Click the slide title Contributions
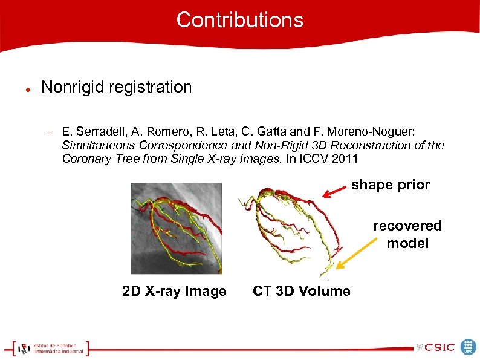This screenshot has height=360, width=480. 239,20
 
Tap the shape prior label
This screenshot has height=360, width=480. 391,185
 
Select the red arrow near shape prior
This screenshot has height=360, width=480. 334,191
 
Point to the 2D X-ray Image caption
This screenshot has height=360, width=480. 174,291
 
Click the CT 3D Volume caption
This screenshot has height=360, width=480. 301,291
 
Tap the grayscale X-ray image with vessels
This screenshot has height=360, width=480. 177,228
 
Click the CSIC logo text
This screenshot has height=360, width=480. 440,347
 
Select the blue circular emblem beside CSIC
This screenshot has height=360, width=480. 469,347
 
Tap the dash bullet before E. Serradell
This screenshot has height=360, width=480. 51,132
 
